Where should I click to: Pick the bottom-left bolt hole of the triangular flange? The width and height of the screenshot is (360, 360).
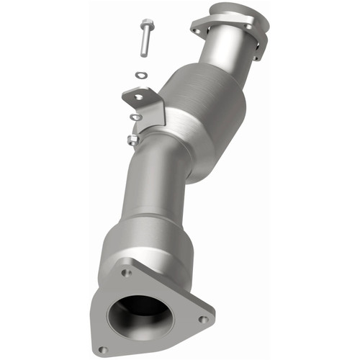tap(102, 349)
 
